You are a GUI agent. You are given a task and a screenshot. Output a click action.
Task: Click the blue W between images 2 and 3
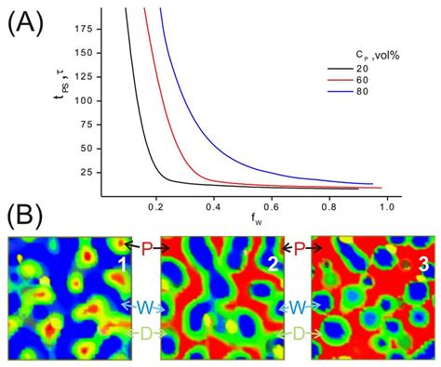point(297,306)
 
